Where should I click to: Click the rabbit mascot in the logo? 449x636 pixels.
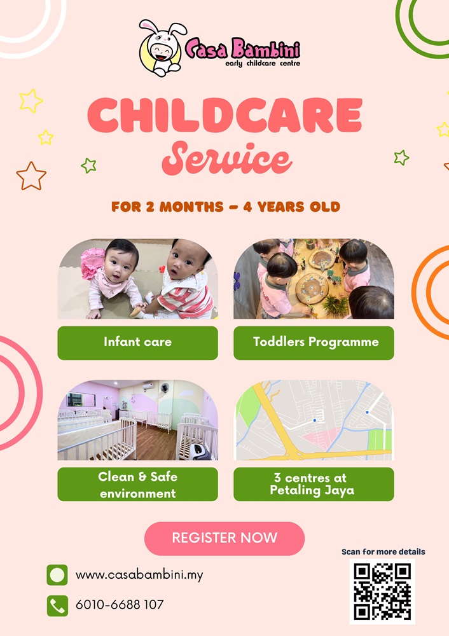pos(162,48)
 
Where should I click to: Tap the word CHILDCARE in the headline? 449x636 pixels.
pos(224,116)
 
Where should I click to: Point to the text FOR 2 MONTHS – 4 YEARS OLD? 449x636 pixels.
pos(226,207)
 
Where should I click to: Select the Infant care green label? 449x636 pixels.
pos(137,343)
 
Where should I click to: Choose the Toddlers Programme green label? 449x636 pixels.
pos(314,343)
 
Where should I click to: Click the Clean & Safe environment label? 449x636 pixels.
pos(137,484)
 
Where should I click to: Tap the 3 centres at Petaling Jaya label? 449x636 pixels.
pos(314,484)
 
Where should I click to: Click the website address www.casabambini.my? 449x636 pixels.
pos(139,575)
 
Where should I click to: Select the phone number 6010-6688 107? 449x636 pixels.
pos(120,605)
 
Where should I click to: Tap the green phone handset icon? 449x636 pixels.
pos(57,606)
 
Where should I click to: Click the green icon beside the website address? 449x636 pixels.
pos(57,575)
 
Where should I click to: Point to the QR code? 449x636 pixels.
pos(382,591)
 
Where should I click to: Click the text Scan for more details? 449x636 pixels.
pos(383,551)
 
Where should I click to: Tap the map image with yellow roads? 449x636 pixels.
pos(314,420)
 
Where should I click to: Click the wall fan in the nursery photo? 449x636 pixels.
pos(164,389)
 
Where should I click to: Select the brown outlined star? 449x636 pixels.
pos(31,176)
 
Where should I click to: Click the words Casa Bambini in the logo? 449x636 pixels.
pos(242,49)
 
